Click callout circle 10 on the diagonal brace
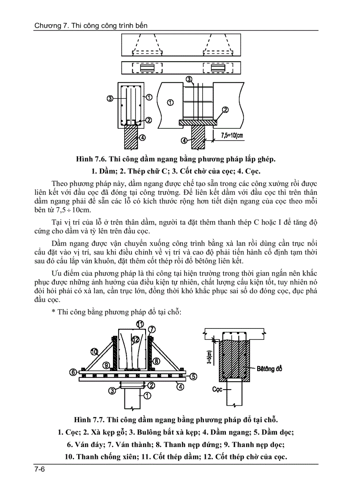(x=94, y=351)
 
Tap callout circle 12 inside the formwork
(x=136, y=339)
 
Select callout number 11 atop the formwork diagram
(x=140, y=324)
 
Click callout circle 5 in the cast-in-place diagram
(x=193, y=376)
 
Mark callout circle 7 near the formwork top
(x=151, y=329)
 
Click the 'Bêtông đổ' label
(x=270, y=368)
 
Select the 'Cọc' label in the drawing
(x=217, y=390)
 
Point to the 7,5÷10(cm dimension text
(x=232, y=135)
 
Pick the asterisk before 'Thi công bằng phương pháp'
(x=53, y=312)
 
